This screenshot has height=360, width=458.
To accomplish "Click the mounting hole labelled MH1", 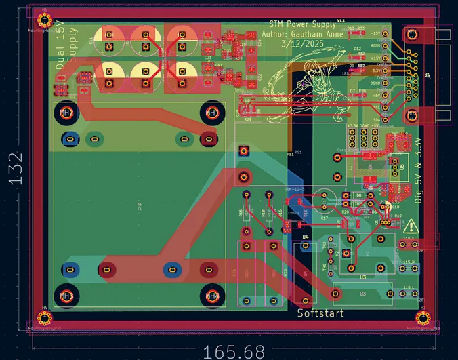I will click(x=211, y=113).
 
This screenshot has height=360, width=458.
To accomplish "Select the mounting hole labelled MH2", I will click(x=66, y=113).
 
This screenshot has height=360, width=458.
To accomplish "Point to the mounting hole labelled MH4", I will click(x=212, y=296).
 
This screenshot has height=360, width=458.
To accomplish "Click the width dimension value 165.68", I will click(x=232, y=352).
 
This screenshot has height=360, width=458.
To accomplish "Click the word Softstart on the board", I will click(x=320, y=313).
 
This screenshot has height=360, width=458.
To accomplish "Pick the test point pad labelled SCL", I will click(x=386, y=106).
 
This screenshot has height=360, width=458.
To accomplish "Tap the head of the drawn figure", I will click(x=313, y=71).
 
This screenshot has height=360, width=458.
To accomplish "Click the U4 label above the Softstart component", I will click(x=306, y=237).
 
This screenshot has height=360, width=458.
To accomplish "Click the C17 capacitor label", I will click(x=325, y=218).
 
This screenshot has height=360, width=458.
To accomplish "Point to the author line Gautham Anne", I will click(x=301, y=33).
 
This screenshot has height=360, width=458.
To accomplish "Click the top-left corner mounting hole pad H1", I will click(x=45, y=19).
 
